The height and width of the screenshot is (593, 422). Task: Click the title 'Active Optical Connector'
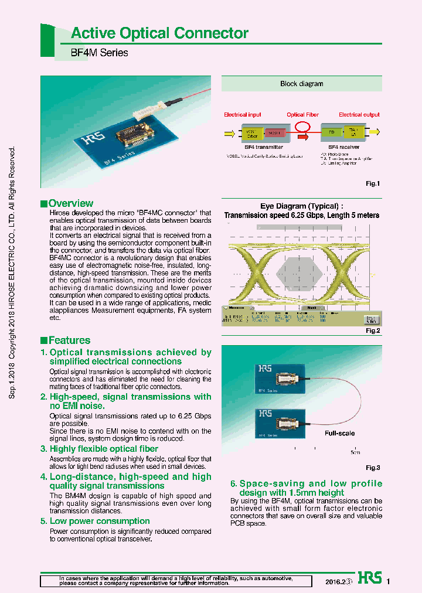point(159,33)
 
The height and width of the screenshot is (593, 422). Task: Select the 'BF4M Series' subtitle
point(100,53)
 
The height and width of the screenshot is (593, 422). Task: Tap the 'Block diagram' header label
point(301,84)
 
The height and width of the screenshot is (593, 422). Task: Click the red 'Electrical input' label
point(243,115)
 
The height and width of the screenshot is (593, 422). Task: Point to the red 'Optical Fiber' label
point(302,115)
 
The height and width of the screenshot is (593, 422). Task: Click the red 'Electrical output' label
point(359,115)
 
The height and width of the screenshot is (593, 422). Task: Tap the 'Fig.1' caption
point(373,183)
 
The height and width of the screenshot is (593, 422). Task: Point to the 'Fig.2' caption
point(373,331)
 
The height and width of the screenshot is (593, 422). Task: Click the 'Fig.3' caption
point(373,468)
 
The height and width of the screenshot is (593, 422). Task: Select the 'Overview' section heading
point(70,203)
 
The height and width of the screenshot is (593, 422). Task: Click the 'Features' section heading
point(69,340)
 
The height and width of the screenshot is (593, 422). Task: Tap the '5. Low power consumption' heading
point(95,521)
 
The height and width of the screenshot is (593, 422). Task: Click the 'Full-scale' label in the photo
point(340,434)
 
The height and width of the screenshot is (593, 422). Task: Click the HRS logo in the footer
point(369,578)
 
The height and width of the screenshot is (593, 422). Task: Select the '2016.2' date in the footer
point(335,582)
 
